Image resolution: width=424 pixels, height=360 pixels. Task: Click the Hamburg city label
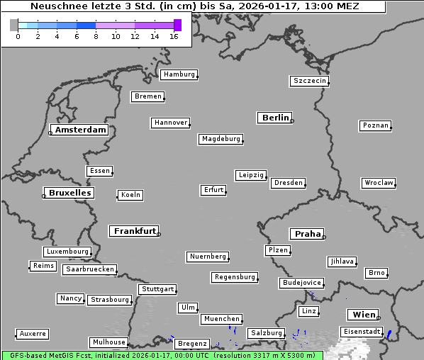tap(178, 74)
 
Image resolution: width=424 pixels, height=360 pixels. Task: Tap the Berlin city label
tap(275, 118)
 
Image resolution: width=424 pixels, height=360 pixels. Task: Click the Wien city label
tap(362, 315)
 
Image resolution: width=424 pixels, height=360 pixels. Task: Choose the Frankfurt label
tap(135, 231)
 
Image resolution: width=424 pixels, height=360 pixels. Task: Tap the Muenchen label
tap(221, 320)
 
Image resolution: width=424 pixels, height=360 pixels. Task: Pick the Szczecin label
tap(310, 81)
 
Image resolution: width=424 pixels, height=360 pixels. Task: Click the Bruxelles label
tap(69, 193)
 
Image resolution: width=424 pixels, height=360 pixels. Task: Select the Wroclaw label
tap(378, 183)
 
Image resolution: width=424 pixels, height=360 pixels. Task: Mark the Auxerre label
tap(33, 333)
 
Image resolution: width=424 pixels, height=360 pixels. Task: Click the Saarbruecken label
tap(89, 269)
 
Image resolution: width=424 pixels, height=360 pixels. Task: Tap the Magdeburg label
tap(221, 139)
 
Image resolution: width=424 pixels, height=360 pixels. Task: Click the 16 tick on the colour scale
tap(174, 36)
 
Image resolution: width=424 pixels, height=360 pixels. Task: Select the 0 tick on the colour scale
tap(18, 36)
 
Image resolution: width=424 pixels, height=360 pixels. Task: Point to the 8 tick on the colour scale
tap(96, 36)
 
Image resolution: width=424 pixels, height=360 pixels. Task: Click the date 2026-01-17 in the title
tap(262, 6)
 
